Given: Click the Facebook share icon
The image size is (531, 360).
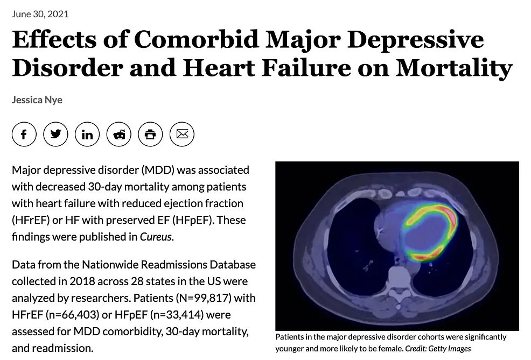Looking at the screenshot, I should pos(24,135).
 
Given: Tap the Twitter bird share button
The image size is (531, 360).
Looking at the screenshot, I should pos(55,135).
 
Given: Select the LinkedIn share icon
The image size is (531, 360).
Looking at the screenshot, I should pos(87,135).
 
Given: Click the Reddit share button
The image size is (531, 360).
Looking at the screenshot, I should pos(119,135).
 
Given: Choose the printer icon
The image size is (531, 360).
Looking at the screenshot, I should pos(150,135).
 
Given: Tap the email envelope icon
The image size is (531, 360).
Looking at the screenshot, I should pos(182,135).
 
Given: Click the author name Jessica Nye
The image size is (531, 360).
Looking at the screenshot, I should pos(37,100).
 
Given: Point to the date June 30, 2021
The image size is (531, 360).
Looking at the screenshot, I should pos(40,14).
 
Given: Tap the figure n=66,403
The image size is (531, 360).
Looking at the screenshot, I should pos(80,315).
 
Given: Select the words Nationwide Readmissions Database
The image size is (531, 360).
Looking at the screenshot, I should pos(169,265).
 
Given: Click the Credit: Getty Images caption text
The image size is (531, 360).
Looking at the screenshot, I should pos(438,349).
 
